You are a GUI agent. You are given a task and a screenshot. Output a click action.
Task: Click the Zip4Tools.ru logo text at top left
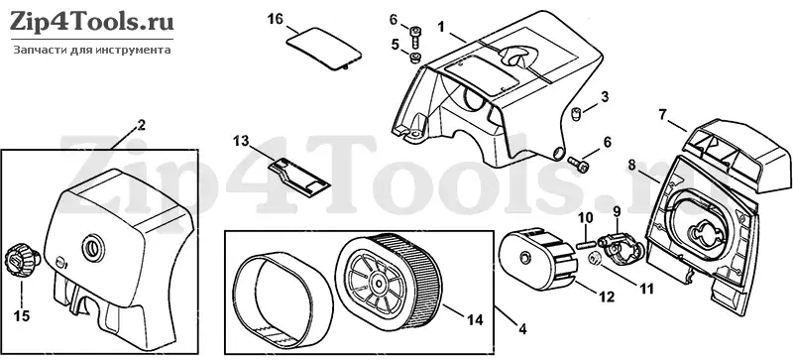(90, 22)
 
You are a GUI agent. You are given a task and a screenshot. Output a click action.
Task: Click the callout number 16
(275, 20)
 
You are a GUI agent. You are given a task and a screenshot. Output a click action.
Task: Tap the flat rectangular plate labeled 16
(324, 50)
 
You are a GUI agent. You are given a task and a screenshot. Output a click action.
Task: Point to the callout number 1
(441, 26)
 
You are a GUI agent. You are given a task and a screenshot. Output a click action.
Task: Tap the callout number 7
(663, 113)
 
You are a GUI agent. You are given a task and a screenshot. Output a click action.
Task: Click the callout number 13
(241, 140)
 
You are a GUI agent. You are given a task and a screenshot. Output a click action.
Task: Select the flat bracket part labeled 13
(298, 174)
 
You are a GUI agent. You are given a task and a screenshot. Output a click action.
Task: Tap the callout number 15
(22, 316)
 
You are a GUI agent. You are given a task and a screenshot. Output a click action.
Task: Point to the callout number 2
(141, 125)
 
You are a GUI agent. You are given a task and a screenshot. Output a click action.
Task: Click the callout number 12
(607, 298)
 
